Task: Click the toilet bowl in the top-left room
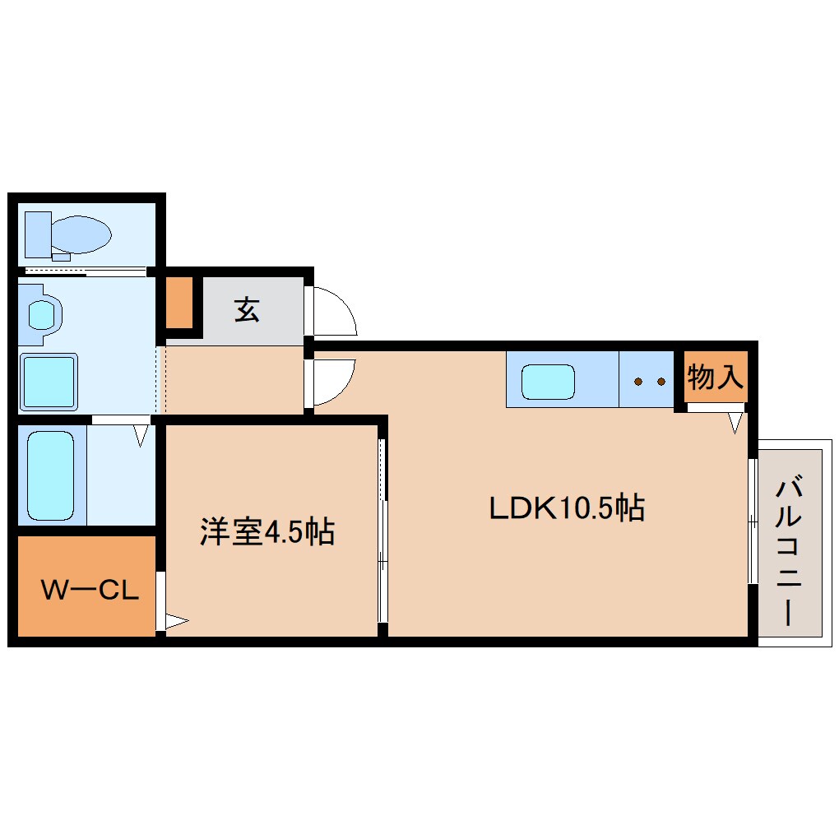tap(80, 234)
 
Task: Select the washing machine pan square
tap(49, 381)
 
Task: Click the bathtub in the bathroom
tap(51, 475)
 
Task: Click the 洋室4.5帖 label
tap(267, 532)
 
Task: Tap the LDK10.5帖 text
tap(566, 508)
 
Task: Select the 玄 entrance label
tap(247, 310)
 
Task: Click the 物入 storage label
tap(715, 378)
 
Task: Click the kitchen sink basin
tap(547, 381)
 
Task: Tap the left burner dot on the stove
tap(638, 381)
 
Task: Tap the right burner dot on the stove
tap(661, 381)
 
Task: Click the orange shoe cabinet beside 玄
tap(179, 303)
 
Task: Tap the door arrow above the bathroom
tap(141, 434)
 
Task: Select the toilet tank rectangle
tap(38, 234)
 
